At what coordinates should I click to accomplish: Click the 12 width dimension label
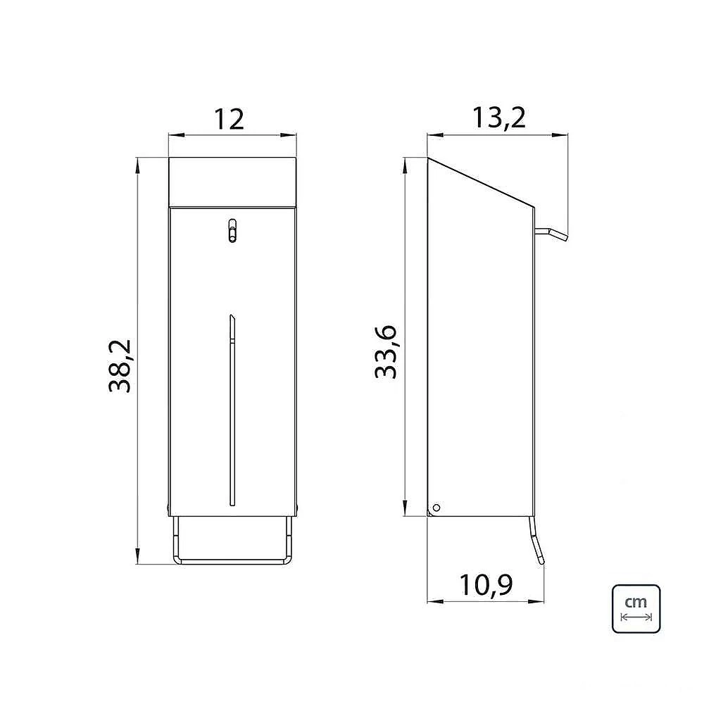[x=229, y=120]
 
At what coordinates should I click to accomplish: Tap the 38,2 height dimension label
[x=120, y=366]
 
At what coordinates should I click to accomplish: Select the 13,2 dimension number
[x=498, y=118]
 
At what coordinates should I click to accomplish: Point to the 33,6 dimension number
[x=386, y=351]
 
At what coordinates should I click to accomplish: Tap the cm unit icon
[x=636, y=609]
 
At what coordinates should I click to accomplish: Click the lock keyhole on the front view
[x=232, y=230]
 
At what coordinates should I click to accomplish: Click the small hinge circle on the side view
[x=436, y=508]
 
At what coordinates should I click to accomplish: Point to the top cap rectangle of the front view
[x=232, y=182]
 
